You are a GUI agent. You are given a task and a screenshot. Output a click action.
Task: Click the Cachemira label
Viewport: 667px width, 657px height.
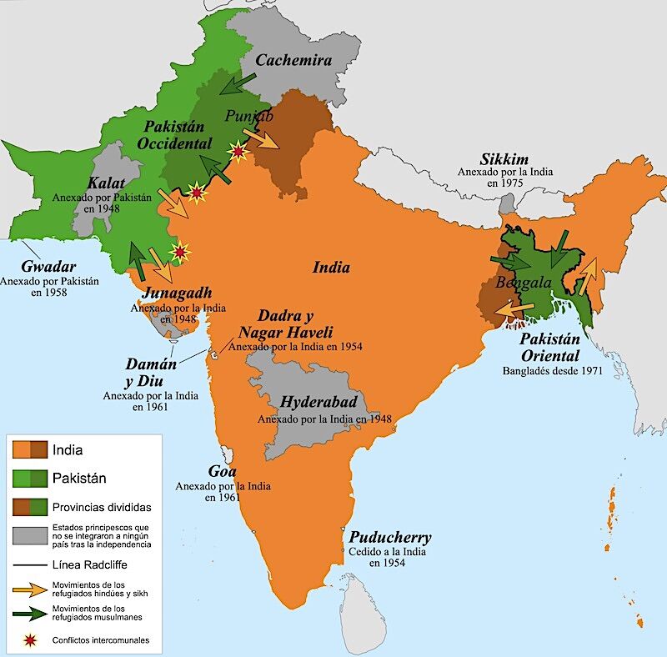tap(293, 60)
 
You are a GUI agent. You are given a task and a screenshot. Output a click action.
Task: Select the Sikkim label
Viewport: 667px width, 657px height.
tap(504, 158)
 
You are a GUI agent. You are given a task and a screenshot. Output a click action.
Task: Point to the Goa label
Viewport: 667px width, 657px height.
tap(222, 471)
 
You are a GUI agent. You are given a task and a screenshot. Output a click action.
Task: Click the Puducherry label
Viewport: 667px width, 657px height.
tap(390, 537)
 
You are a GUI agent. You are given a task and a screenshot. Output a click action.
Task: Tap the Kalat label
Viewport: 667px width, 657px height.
tap(108, 183)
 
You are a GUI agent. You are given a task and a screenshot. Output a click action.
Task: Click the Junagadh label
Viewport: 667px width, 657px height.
tap(177, 293)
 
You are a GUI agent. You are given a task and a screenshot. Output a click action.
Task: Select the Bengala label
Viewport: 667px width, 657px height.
tap(524, 283)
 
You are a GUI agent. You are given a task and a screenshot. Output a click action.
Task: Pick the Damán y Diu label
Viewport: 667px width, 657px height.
tap(150, 372)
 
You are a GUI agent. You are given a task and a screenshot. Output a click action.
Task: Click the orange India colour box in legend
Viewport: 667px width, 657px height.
tap(31, 450)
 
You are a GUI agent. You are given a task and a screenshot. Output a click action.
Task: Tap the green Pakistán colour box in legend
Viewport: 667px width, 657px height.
tap(31, 479)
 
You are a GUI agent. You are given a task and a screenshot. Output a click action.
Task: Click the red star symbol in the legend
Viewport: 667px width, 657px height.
tap(31, 640)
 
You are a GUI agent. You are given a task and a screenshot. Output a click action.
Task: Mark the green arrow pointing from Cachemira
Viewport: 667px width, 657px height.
tap(239, 83)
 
